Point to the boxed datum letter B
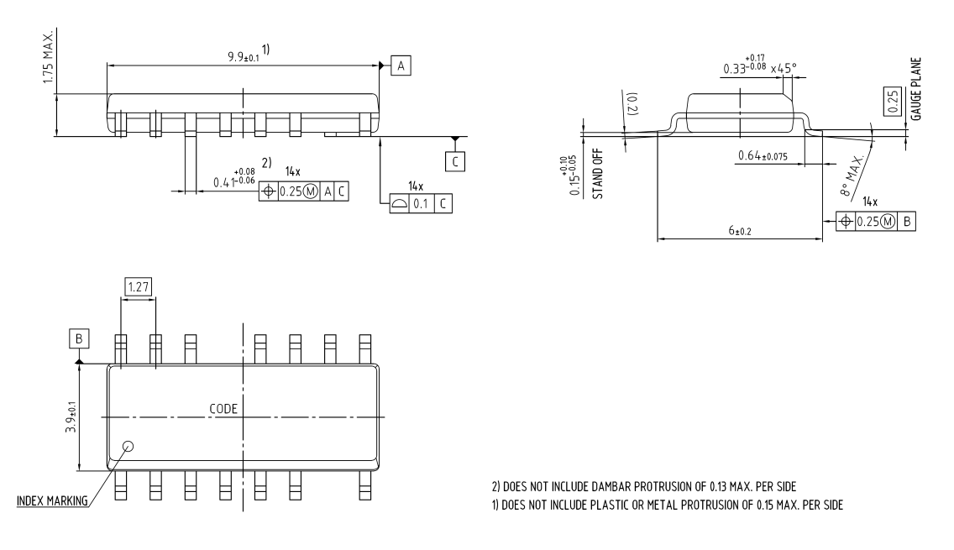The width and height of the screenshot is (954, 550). [79, 338]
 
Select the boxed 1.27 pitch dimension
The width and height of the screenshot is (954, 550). [138, 287]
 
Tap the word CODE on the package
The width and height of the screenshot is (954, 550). [223, 409]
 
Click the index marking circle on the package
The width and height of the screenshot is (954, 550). [128, 446]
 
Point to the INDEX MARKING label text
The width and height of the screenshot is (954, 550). [52, 502]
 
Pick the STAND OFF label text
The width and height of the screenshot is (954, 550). [599, 174]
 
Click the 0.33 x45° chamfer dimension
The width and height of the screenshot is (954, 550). [757, 65]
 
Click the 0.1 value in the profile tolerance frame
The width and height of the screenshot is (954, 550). [420, 203]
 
